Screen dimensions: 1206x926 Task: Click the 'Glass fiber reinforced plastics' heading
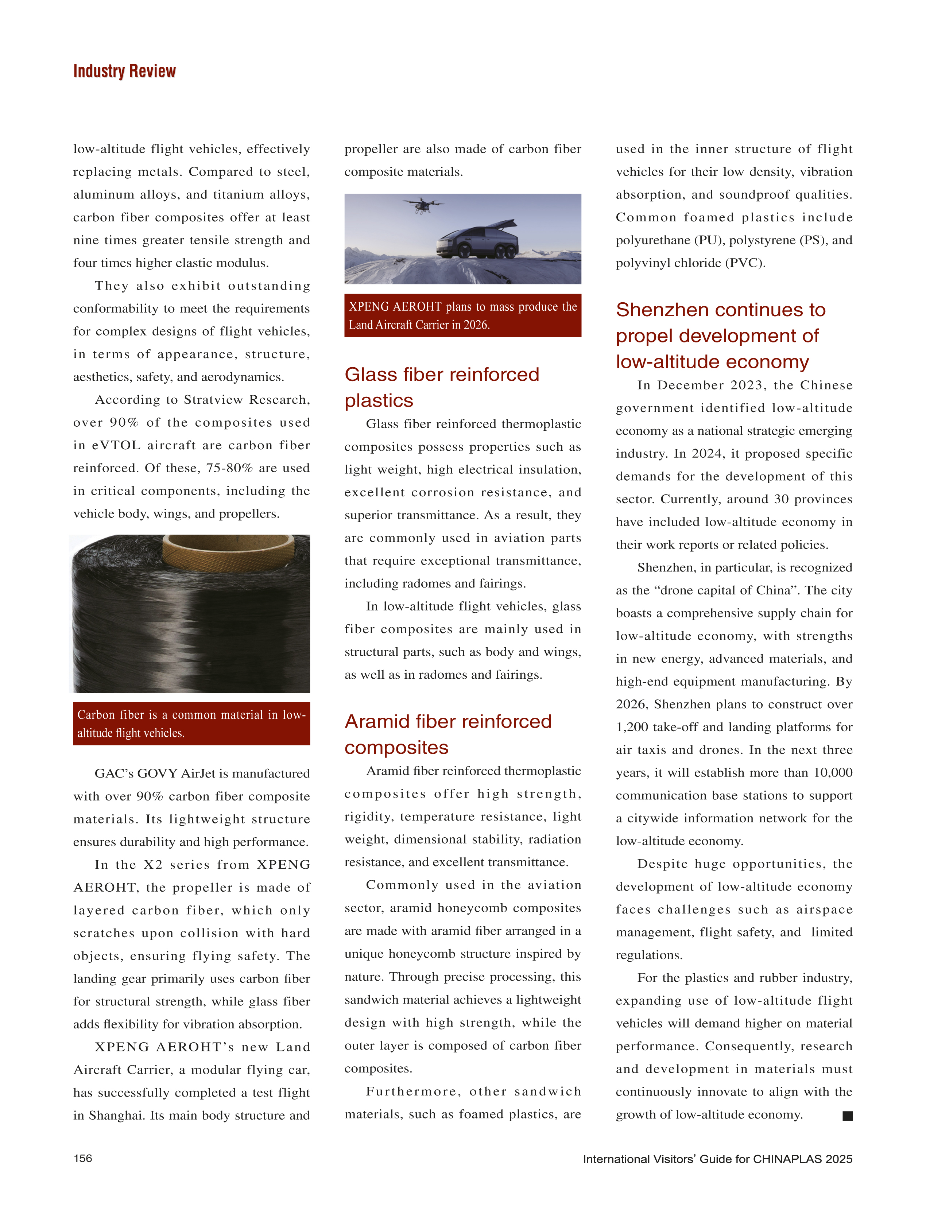pos(442,387)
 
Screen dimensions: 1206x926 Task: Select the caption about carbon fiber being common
pos(191,723)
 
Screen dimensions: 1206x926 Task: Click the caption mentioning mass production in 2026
pos(462,315)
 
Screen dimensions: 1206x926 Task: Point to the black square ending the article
pos(847,1116)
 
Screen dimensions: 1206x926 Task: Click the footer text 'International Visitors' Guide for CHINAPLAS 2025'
pos(717,1159)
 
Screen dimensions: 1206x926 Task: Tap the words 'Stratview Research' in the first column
pos(247,400)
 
